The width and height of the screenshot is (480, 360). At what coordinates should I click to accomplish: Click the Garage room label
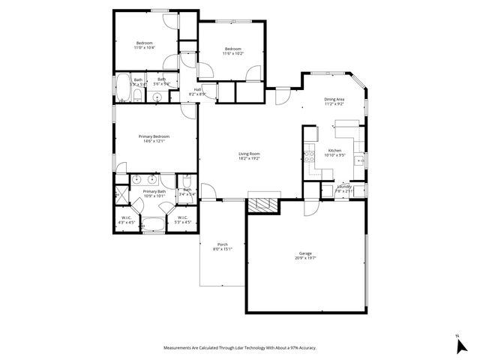[x=305, y=253]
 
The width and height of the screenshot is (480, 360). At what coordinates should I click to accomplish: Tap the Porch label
[x=223, y=244]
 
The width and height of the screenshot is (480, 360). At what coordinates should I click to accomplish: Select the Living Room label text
[x=249, y=154]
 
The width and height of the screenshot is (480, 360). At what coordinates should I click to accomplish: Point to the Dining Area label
[x=334, y=99]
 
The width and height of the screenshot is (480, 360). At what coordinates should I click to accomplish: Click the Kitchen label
[x=334, y=150]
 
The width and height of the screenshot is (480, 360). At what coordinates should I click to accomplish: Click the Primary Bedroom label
[x=154, y=136]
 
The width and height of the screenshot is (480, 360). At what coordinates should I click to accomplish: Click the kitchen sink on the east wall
[x=361, y=160]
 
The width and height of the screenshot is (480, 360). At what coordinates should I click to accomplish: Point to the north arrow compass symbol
[x=460, y=345]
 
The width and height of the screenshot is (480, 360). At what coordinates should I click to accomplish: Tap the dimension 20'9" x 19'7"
[x=305, y=258]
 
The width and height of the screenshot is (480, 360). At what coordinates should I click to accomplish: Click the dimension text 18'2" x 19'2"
[x=249, y=158]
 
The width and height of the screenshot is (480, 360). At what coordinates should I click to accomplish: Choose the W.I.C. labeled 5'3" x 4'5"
[x=183, y=220]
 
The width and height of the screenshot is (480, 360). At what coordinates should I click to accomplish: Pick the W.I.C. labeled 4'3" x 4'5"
[x=127, y=220]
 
